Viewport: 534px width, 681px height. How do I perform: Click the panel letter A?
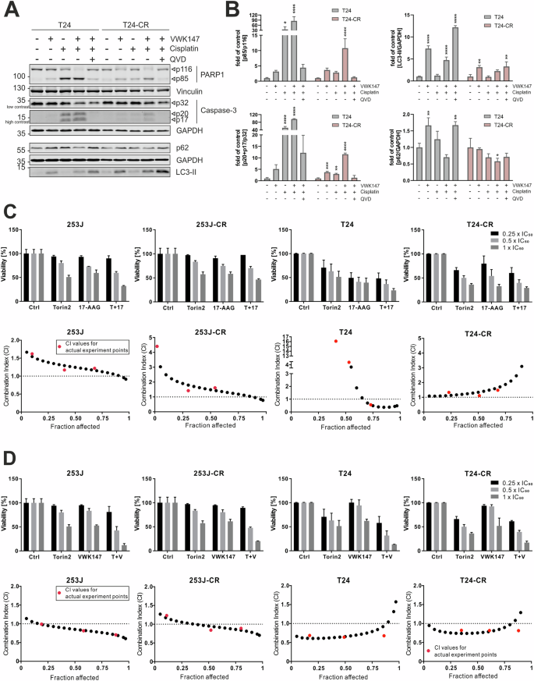pyautogui.click(x=9, y=9)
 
